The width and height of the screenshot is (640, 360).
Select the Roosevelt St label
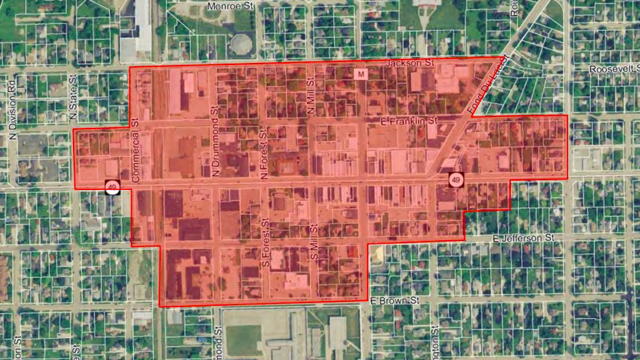[613, 69]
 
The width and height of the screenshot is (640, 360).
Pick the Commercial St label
[135, 151]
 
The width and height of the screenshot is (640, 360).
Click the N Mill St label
[311, 99]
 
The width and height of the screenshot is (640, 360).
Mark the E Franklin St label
[408, 121]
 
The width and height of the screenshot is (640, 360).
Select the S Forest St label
[265, 243]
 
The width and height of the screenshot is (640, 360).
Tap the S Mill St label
[313, 244]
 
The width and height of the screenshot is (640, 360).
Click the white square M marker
[362, 74]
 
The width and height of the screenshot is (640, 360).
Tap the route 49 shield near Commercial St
[112, 187]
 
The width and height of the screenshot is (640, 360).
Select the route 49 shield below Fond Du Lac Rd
[456, 180]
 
